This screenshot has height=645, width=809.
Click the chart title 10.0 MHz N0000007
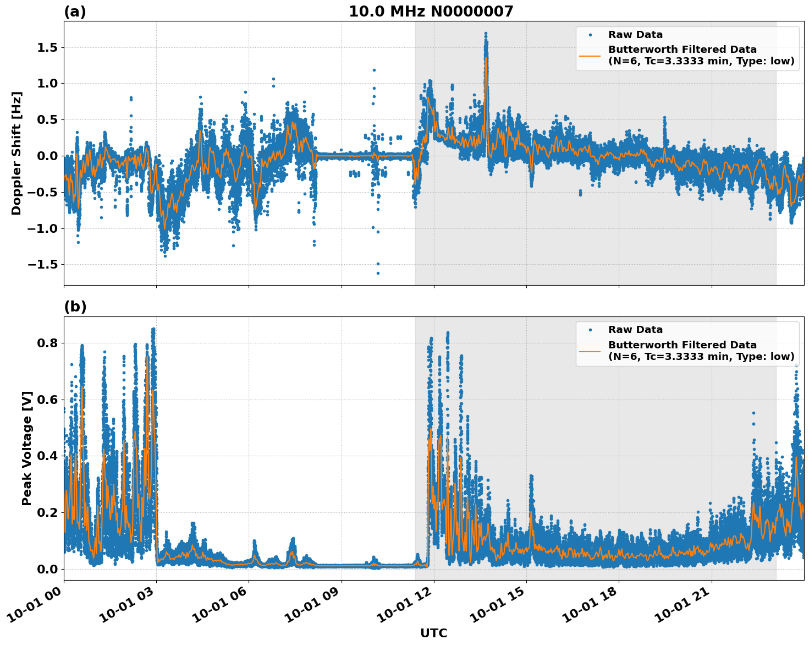(x=431, y=12)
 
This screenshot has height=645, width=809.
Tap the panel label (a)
(x=75, y=12)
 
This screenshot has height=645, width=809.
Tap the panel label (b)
(x=75, y=307)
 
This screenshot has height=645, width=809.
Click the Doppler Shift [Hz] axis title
(x=16, y=153)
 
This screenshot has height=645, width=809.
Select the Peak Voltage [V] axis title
(x=27, y=448)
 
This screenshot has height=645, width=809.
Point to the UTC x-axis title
(x=433, y=633)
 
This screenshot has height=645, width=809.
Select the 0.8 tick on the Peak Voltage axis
(x=47, y=343)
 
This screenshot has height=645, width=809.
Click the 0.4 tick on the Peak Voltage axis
(x=47, y=456)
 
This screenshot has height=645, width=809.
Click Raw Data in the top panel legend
(x=635, y=35)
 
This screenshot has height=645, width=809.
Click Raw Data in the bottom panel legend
(x=635, y=330)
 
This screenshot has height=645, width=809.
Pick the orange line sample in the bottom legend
(x=590, y=351)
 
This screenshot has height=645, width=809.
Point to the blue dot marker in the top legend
(x=590, y=35)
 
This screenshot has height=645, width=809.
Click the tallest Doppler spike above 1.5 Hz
(x=486, y=34)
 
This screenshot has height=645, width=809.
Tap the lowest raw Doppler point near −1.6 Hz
(x=378, y=273)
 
